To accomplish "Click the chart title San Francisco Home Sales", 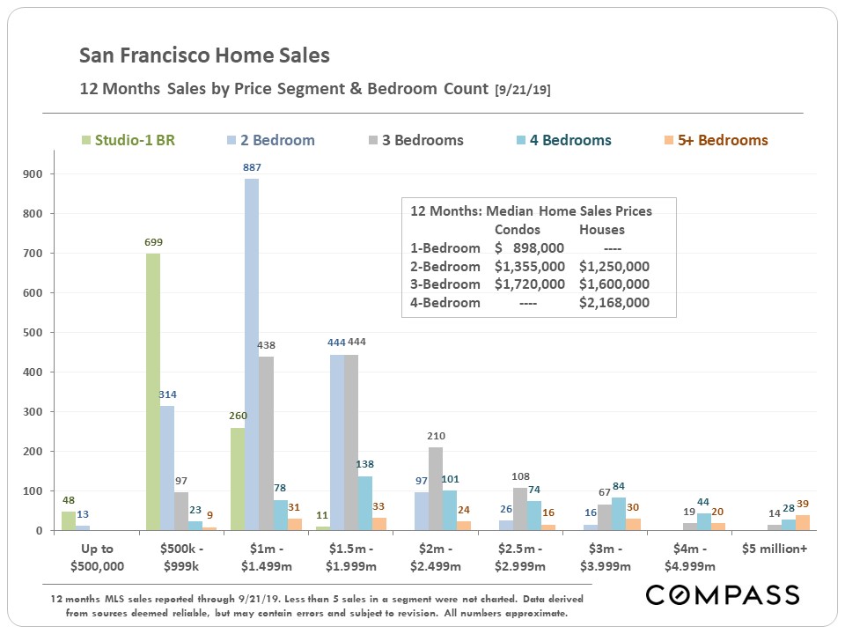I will point(204,55).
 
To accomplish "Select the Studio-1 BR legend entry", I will point(128,140).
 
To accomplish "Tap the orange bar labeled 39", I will point(802,522).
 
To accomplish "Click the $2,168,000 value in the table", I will point(614,302).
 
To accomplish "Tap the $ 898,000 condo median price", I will point(529,247).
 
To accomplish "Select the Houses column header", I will point(601,229).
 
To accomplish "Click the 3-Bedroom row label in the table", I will point(445,284).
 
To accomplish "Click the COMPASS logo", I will point(723,594).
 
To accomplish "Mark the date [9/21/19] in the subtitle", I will point(523,90).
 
